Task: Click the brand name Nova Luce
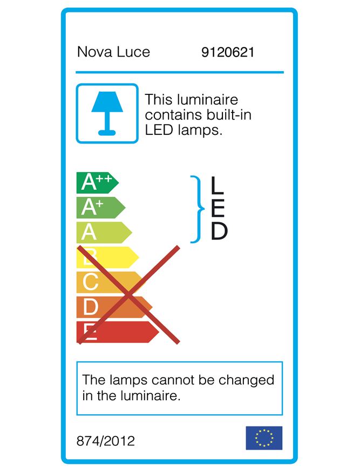[113, 52]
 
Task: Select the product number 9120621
[227, 52]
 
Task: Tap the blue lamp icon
[107, 113]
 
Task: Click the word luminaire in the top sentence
[207, 99]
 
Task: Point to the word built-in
[229, 114]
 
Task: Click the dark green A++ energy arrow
[97, 183]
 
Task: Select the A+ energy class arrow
[101, 208]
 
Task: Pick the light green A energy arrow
[104, 232]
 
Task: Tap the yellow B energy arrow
[108, 257]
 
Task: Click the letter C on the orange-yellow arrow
[90, 281]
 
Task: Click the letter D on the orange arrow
[90, 307]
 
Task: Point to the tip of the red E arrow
[159, 332]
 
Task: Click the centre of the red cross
[128, 295]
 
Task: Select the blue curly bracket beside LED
[197, 209]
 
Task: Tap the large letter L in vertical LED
[217, 185]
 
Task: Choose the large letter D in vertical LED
[219, 231]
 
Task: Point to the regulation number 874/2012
[106, 441]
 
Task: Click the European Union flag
[264, 438]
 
